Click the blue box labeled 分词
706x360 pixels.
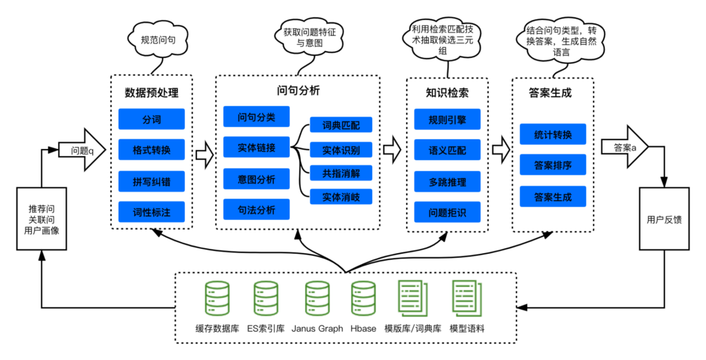(152, 119)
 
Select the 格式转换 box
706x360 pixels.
(152, 150)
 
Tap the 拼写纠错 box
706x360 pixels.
(152, 182)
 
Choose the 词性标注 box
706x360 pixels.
(152, 212)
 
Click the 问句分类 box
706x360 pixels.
(256, 117)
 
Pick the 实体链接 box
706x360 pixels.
(256, 147)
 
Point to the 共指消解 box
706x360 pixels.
(341, 172)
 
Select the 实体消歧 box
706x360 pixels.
(341, 197)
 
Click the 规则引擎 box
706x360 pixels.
(447, 119)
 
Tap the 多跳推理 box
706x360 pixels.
(447, 182)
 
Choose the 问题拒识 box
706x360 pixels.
(447, 212)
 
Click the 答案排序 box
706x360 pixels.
(553, 165)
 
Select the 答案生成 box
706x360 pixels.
(553, 197)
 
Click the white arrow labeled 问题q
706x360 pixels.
(84, 150)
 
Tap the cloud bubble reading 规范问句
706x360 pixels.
(158, 40)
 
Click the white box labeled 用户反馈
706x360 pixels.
(665, 219)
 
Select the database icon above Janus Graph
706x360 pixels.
(317, 299)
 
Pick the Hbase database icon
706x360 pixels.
(363, 299)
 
